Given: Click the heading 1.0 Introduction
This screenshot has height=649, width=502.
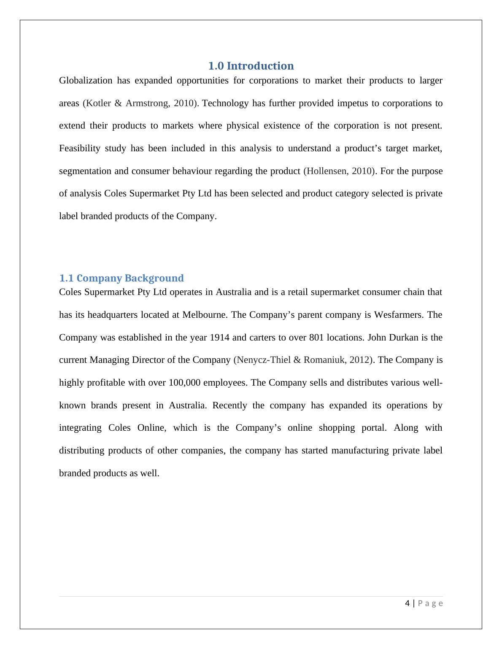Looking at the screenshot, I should coord(251,66).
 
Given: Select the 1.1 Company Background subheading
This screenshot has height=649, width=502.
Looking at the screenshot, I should coord(121,278).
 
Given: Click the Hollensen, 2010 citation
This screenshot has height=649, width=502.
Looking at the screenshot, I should coord(339,171).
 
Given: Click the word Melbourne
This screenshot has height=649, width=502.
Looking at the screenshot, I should coord(205,315).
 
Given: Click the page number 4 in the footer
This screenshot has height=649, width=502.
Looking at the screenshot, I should coord(407,603).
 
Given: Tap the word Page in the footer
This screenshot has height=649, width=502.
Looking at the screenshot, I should coord(430,603).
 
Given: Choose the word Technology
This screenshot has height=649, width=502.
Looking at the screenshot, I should coord(225,103).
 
